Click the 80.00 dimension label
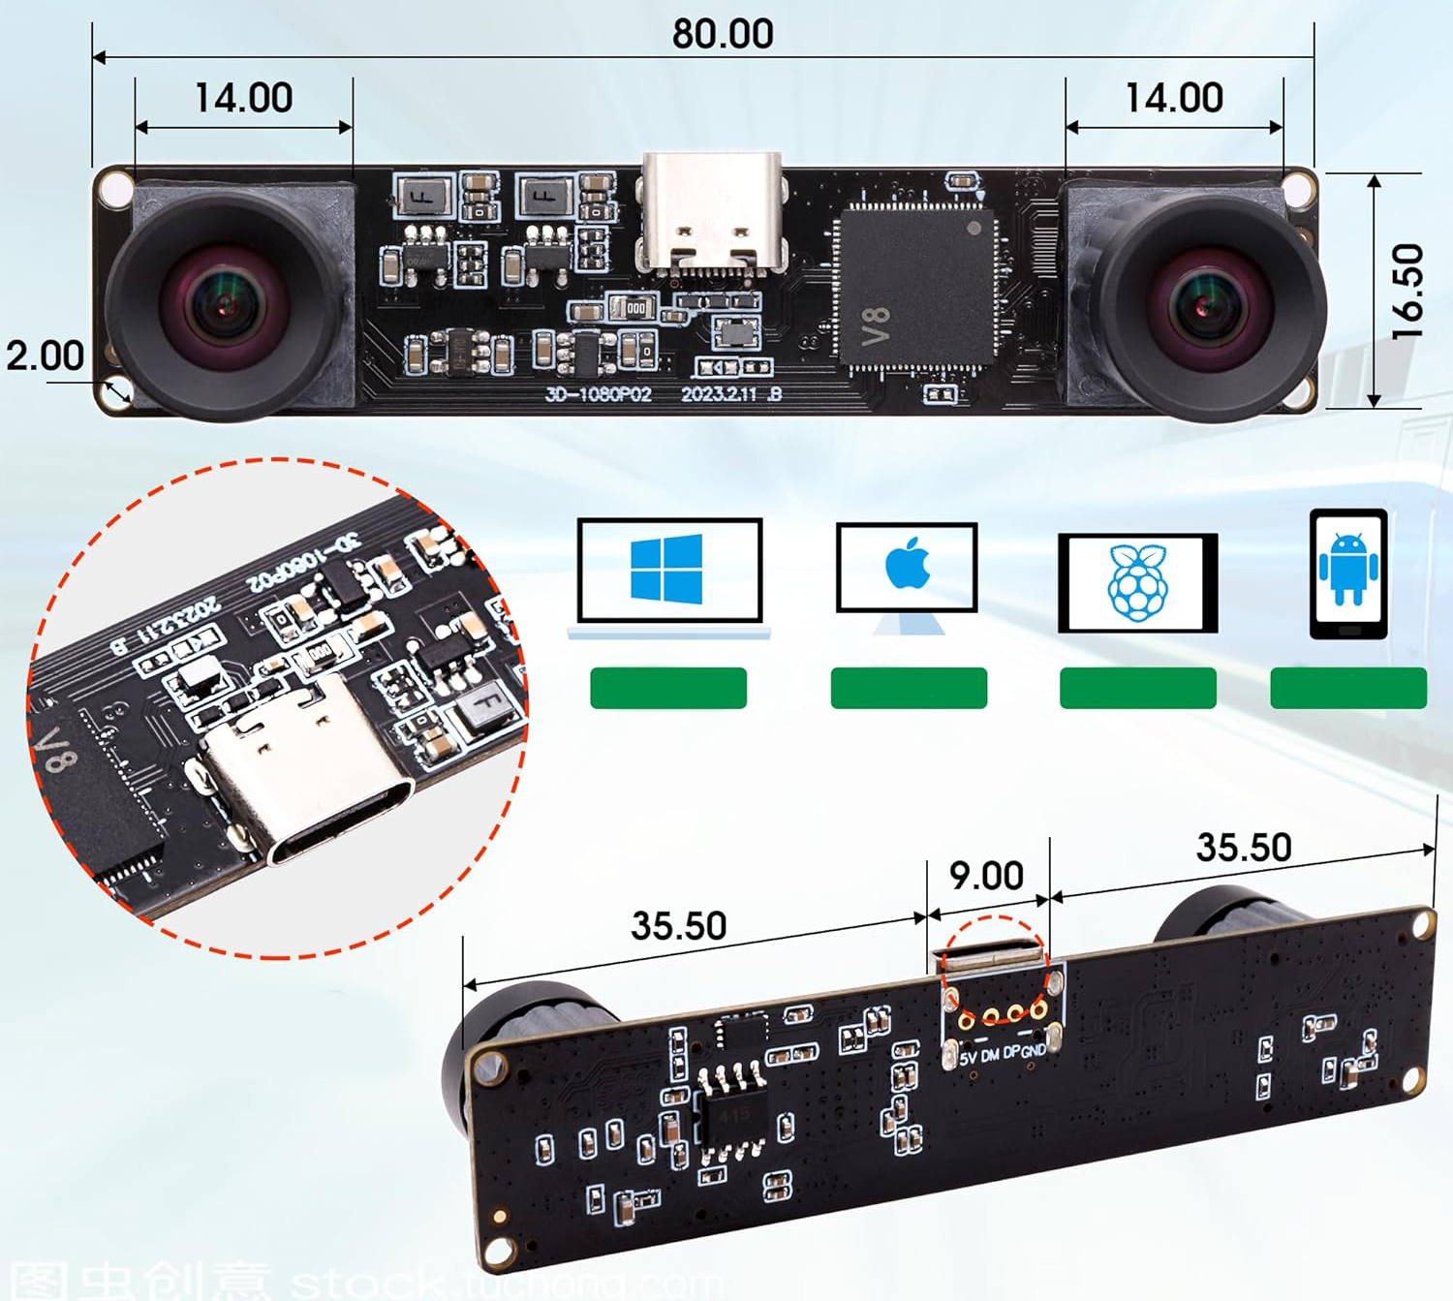pyautogui.click(x=723, y=34)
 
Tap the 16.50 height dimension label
pyautogui.click(x=1407, y=291)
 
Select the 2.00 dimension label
pyautogui.click(x=45, y=356)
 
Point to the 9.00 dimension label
pyautogui.click(x=986, y=876)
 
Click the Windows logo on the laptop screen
pyautogui.click(x=666, y=569)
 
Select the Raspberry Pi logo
pyautogui.click(x=1137, y=583)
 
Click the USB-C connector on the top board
pyautogui.click(x=710, y=211)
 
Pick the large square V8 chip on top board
pyautogui.click(x=916, y=287)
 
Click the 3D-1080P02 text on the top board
pyautogui.click(x=598, y=394)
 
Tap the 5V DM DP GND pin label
pyautogui.click(x=1002, y=1053)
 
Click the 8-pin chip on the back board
pyautogui.click(x=733, y=1112)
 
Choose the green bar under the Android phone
pyautogui.click(x=1347, y=688)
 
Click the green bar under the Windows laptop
pyautogui.click(x=668, y=688)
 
